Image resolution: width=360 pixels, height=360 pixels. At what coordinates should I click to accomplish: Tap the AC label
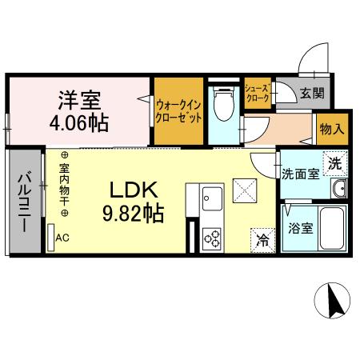62,238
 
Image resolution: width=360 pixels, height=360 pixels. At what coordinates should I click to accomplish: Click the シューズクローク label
256,94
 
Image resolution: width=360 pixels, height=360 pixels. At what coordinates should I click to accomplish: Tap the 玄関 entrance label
312,93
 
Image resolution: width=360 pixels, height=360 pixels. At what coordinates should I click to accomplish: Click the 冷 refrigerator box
262,238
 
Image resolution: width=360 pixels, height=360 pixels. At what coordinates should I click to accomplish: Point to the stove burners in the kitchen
214,238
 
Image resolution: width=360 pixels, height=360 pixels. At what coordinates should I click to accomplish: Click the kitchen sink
214,196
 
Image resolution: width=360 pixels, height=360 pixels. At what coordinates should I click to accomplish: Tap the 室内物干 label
64,186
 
